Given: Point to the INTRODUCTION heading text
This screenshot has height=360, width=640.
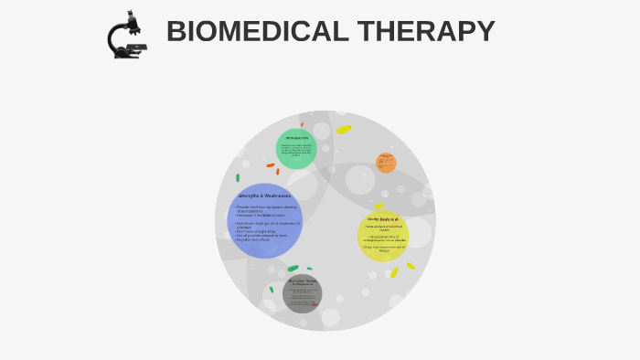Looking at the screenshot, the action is pos(296,138).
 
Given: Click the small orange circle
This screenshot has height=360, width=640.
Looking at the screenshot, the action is pos(386,164).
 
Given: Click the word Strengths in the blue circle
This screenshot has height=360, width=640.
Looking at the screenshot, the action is pos(249,196).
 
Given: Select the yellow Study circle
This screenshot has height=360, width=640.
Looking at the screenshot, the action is pos(383,236).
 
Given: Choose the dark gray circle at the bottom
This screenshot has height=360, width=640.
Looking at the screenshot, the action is pos(302,293).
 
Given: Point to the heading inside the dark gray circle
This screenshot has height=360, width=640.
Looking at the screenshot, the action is pos(303,281).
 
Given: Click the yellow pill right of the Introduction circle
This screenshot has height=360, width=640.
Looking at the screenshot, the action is pos(344,130).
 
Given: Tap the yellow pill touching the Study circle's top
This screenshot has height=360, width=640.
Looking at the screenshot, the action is pos(379,206).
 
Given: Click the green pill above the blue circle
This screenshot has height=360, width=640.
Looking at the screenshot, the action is pos(238,178).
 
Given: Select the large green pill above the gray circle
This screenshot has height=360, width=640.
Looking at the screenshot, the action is pos(293,269).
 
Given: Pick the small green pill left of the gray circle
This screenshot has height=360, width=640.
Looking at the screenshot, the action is pos(271,290).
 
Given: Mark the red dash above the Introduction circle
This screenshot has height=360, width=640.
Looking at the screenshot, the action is pos(302,124).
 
